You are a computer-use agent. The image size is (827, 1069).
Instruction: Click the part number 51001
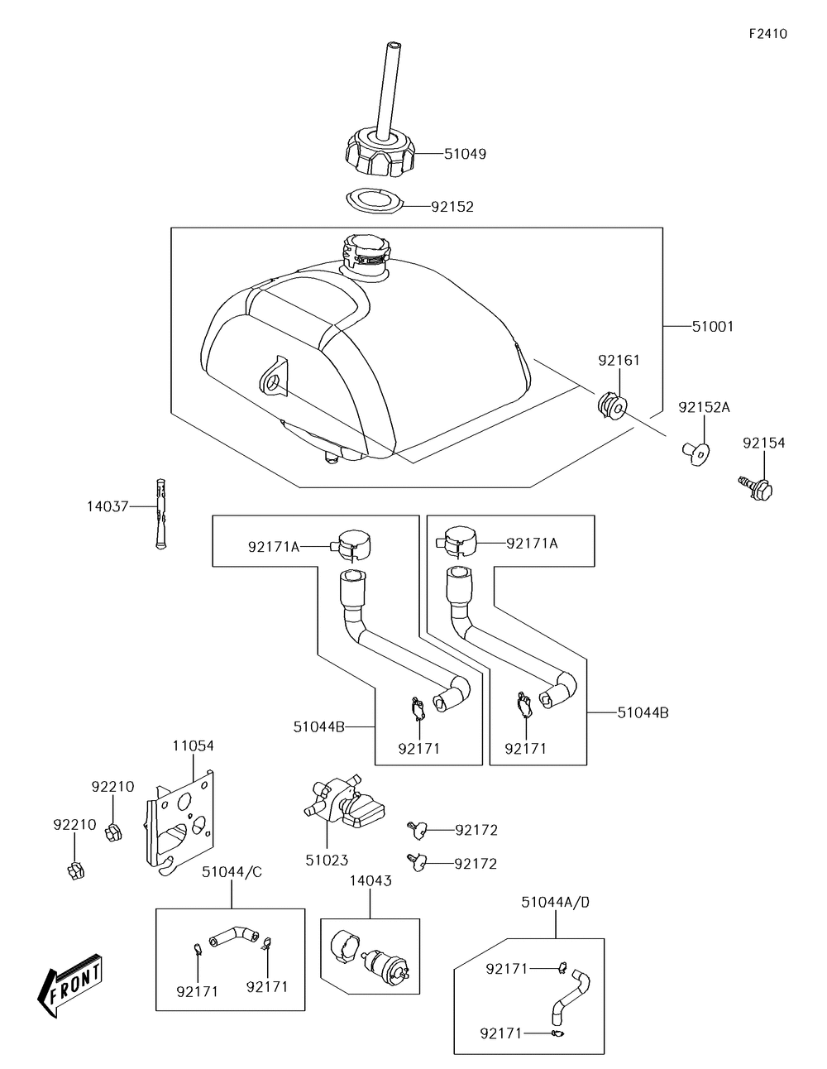tap(712, 327)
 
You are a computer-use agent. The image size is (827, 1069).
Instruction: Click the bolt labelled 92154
tap(756, 488)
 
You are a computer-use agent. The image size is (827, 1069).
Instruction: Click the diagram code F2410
tap(767, 34)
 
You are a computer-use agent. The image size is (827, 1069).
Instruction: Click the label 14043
tap(370, 881)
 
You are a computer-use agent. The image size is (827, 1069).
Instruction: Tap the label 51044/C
tap(232, 871)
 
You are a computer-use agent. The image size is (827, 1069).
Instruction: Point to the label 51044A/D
tap(555, 902)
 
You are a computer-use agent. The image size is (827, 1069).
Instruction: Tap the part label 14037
tap(107, 506)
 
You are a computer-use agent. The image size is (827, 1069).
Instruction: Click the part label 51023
tap(327, 860)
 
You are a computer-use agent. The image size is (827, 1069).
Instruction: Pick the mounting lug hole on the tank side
tap(271, 381)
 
